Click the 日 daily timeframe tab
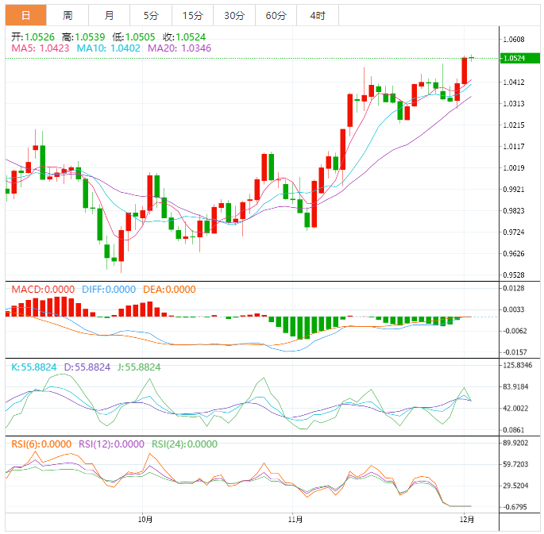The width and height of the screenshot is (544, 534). coord(26,15)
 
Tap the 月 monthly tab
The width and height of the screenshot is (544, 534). coord(109,15)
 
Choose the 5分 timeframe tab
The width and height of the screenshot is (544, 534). coord(151,15)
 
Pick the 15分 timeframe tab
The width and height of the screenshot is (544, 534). coord(192,15)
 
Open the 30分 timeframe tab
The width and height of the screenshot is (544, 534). coord(234,15)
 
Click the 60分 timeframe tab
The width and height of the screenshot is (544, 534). coord(276,15)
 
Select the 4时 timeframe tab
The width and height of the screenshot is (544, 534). coord(317,15)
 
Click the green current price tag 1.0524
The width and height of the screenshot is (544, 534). coord(516,58)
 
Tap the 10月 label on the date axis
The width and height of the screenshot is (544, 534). coord(145,520)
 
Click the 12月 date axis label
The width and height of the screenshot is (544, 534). coord(468,520)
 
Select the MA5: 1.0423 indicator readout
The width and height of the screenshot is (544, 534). coord(41,48)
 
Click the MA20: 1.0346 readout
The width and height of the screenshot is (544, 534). coord(179,48)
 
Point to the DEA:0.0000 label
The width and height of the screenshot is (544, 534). coord(168,290)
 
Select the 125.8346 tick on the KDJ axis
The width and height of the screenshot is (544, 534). coord(518,366)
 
